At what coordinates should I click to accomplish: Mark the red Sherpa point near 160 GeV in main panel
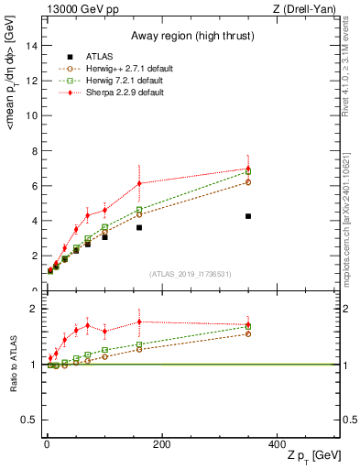[139, 183]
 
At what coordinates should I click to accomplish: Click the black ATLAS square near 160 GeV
[139, 227]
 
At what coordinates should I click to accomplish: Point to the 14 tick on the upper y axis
[33, 46]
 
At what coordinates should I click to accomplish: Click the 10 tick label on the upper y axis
[33, 115]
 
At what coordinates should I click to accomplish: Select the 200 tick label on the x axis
[161, 444]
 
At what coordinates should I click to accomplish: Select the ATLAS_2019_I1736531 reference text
[191, 274]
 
